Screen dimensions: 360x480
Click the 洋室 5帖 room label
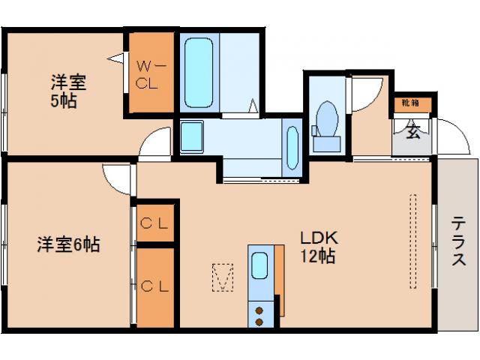click(x=65, y=89)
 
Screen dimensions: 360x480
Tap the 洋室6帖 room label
click(x=69, y=244)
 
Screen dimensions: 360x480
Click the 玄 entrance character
click(x=412, y=133)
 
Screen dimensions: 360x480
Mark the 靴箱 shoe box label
click(x=409, y=103)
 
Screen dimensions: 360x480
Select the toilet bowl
click(x=326, y=119)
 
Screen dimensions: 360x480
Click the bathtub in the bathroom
click(x=199, y=73)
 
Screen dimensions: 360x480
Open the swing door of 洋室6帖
click(x=118, y=177)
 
